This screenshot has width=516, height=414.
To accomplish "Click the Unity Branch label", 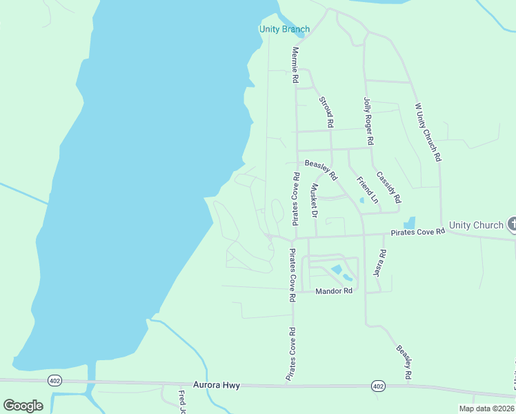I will [284, 29].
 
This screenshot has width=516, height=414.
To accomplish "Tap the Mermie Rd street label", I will [295, 66].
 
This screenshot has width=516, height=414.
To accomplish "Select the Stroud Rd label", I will [326, 112].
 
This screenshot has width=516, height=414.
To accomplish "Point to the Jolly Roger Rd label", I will [368, 121].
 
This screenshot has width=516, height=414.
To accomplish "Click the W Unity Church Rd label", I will [427, 132].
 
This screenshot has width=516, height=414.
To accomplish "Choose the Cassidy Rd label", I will [389, 187].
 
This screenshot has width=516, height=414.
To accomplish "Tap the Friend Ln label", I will [367, 190].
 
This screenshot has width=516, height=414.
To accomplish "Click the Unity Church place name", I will [476, 225].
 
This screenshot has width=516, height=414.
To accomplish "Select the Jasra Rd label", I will [377, 264].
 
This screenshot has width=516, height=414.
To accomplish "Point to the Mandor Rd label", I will [334, 291].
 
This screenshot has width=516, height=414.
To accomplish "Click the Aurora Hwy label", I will [216, 385].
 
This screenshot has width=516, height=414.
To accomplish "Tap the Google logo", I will [23, 406].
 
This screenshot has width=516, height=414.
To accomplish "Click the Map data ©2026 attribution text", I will [486, 408].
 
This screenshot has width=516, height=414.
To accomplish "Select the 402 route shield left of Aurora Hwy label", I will [54, 380].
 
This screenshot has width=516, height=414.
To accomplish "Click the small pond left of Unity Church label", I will [410, 223].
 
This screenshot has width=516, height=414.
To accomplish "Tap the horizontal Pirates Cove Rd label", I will [417, 233].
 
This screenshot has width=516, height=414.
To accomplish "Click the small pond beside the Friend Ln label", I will [362, 201].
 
